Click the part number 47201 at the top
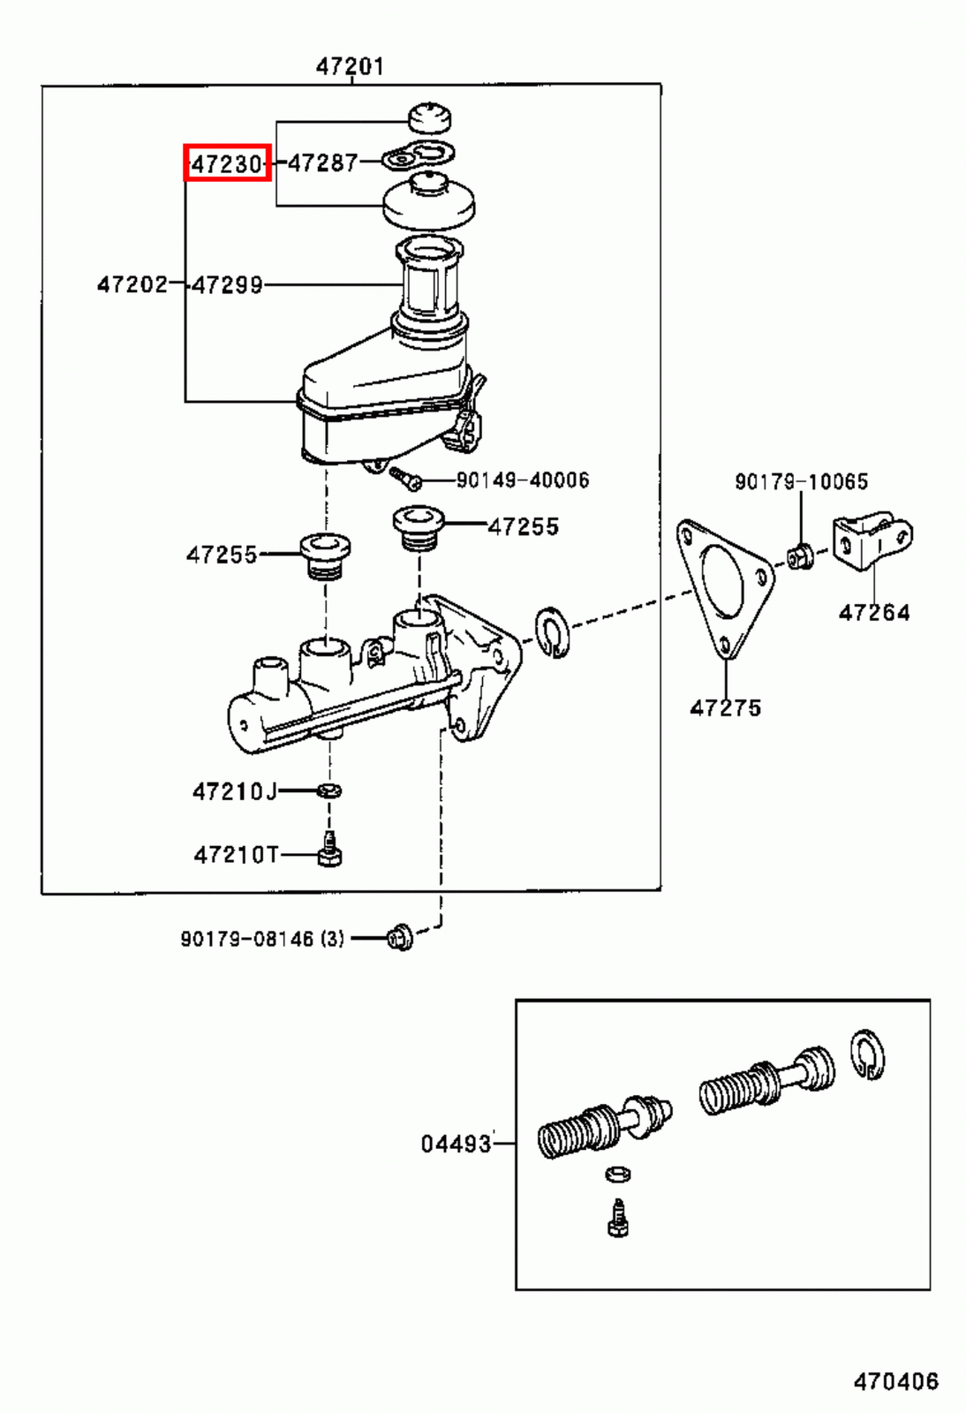[x=351, y=66]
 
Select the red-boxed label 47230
[x=227, y=163]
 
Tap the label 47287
[x=323, y=162]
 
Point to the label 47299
[x=228, y=284]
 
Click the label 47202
[x=132, y=283]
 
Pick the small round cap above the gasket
[x=429, y=116]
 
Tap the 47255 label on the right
[x=524, y=526]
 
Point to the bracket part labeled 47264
[x=871, y=540]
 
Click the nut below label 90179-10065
[x=799, y=557]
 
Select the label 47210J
[x=234, y=790]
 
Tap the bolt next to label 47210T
[x=328, y=850]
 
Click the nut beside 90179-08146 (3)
[x=400, y=937]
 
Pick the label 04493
[x=456, y=1144]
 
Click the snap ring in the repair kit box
[x=868, y=1054]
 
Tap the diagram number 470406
[x=895, y=1381]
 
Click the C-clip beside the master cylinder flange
[x=553, y=633]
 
